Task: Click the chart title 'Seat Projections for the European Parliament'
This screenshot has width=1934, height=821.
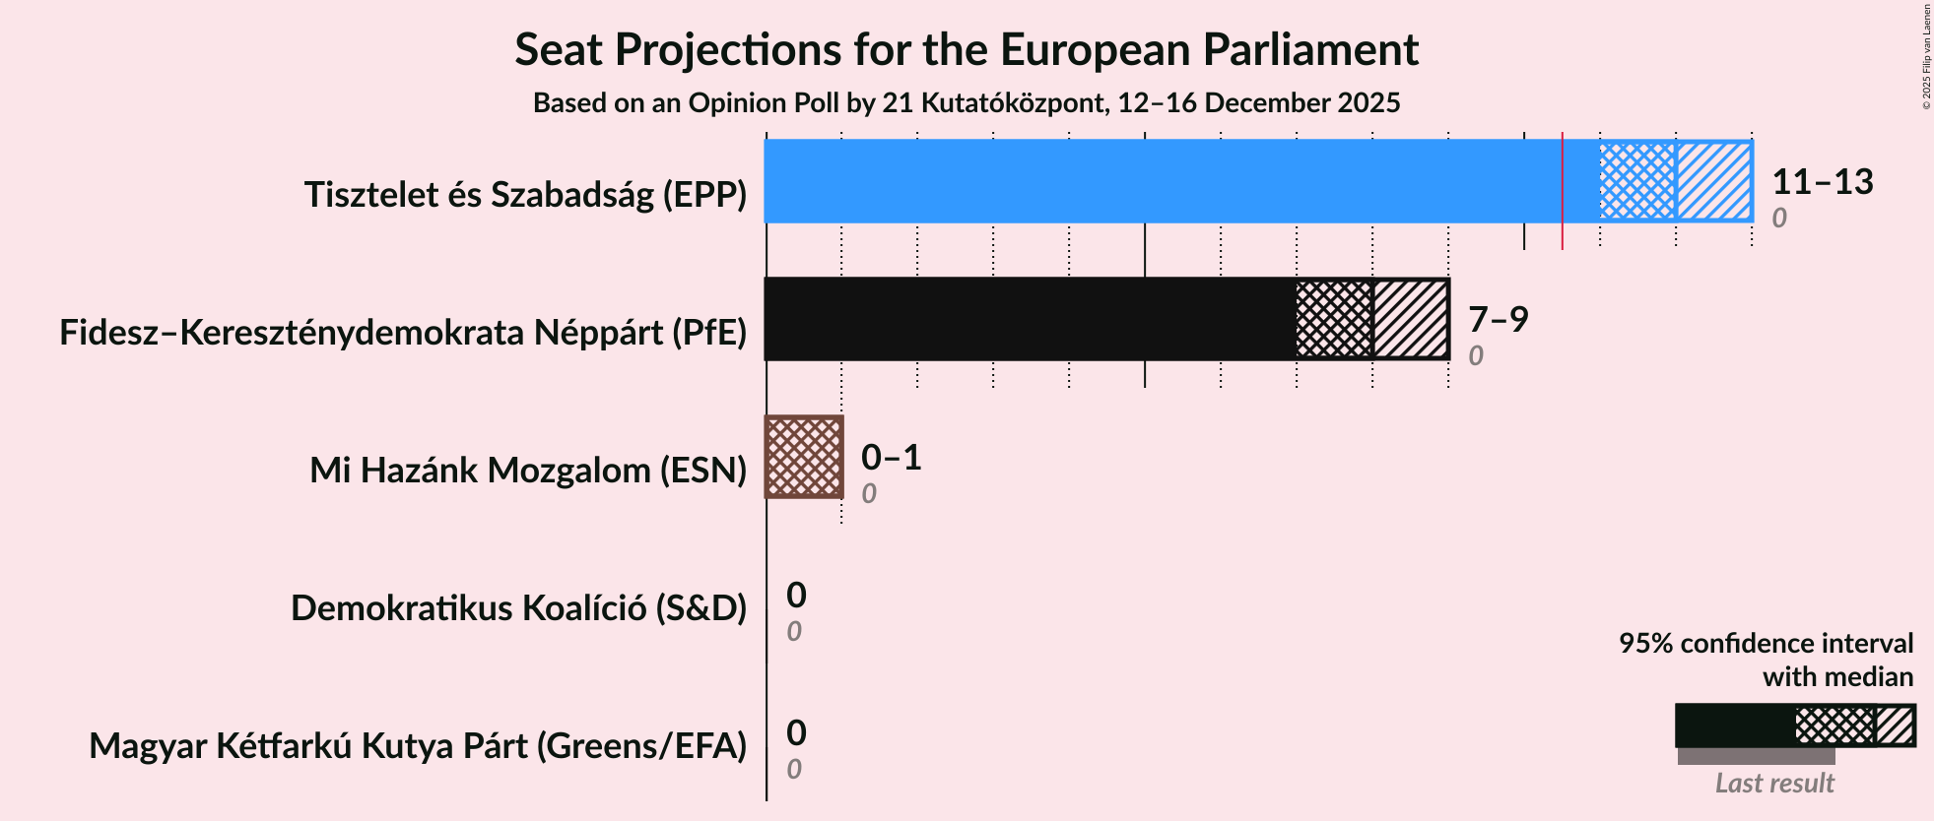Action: tap(966, 50)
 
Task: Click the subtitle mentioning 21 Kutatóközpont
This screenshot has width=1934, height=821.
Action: tap(966, 103)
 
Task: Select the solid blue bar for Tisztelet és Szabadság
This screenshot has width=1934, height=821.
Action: tap(1163, 181)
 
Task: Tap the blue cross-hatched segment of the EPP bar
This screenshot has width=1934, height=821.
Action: tap(1637, 181)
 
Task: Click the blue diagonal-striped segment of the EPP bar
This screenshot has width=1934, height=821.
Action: tap(1713, 181)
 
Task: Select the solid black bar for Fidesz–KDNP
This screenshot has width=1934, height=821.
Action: tap(1030, 319)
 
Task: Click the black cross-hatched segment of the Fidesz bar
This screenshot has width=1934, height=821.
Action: tap(1334, 319)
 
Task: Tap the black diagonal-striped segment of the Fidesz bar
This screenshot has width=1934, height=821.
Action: tap(1410, 319)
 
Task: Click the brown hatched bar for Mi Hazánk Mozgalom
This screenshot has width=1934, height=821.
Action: tap(804, 457)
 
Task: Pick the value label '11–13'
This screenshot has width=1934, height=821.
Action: tap(1822, 182)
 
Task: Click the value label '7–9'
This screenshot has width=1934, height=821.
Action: tap(1498, 320)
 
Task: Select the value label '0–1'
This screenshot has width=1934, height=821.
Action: tap(891, 458)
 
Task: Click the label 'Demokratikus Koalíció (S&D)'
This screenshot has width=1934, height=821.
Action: tap(518, 608)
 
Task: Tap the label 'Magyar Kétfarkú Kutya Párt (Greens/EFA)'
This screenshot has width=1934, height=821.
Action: tap(418, 746)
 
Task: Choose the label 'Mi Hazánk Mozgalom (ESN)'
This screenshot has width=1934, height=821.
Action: tap(528, 471)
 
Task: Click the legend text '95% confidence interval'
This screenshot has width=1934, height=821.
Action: tap(1766, 644)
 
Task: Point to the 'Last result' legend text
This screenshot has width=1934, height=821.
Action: tap(1773, 784)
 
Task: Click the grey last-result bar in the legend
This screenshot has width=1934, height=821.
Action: tap(1756, 756)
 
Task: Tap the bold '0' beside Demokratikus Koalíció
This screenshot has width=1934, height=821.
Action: tap(796, 596)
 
